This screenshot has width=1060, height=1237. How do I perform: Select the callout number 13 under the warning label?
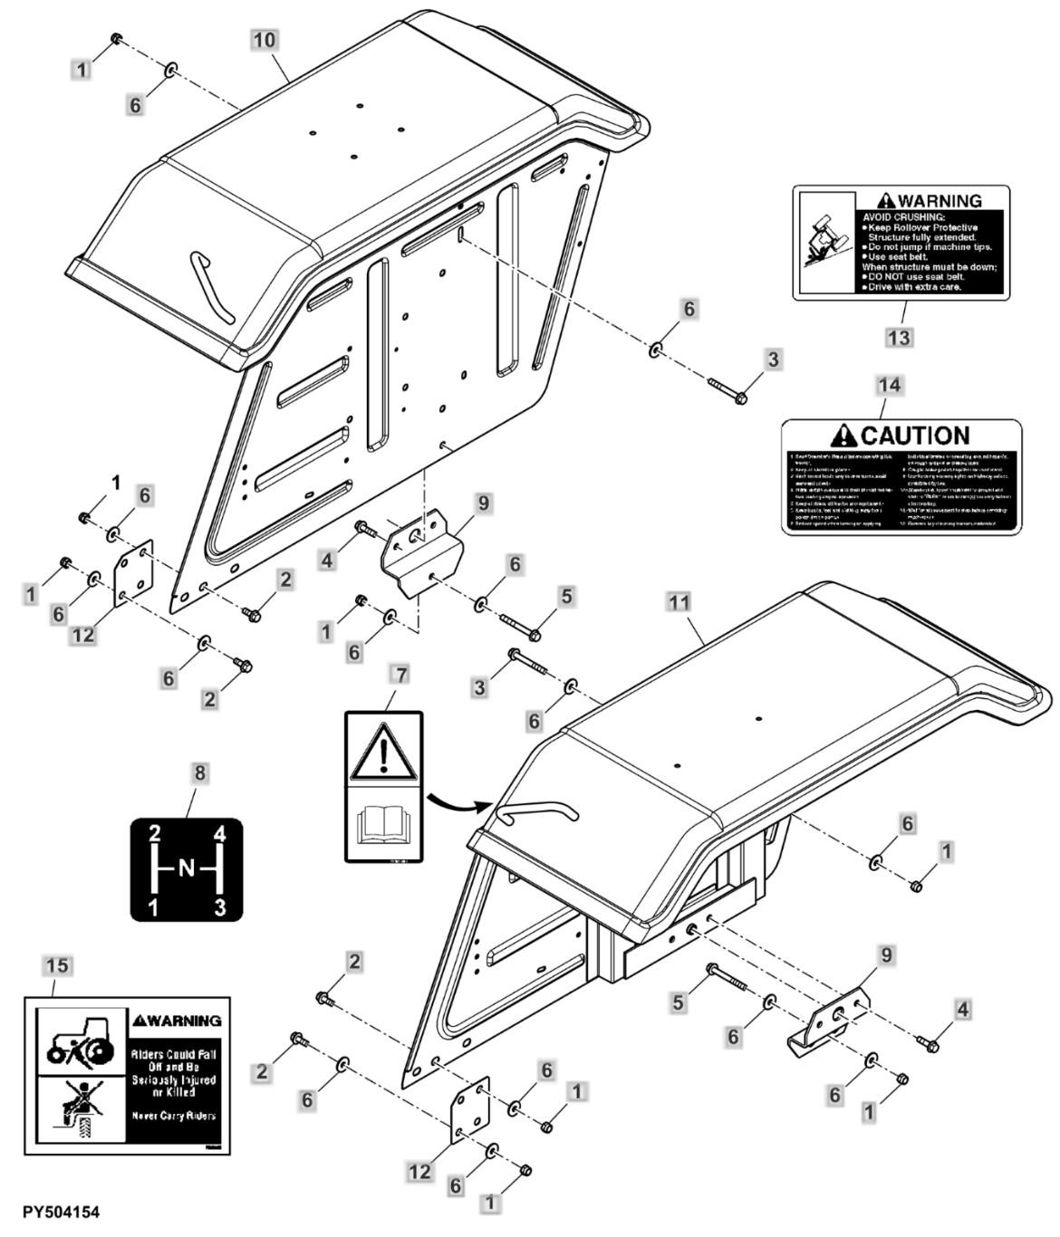pyautogui.click(x=899, y=336)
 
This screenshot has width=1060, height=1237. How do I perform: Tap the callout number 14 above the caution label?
pyautogui.click(x=890, y=385)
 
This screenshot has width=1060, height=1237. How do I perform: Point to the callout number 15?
pyautogui.click(x=56, y=966)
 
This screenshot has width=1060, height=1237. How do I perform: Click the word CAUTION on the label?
pyautogui.click(x=913, y=436)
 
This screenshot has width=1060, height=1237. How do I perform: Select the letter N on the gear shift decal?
pyautogui.click(x=186, y=868)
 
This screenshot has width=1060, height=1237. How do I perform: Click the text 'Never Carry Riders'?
pyautogui.click(x=175, y=1116)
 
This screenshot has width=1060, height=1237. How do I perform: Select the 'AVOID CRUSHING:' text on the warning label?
pyautogui.click(x=903, y=217)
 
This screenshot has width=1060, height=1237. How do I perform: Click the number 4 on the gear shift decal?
pyautogui.click(x=217, y=833)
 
